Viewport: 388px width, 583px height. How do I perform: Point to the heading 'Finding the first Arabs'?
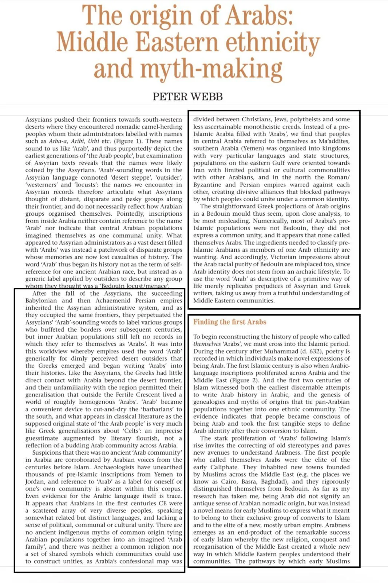tap(230, 322)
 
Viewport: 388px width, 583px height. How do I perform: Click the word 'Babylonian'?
tap(41, 301)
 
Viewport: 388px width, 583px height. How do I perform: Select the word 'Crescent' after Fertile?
tap(155, 395)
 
